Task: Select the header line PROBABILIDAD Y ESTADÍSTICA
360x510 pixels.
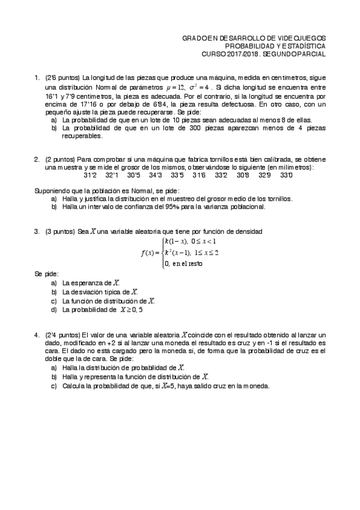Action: pyautogui.click(x=275, y=46)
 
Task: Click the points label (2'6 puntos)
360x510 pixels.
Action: pyautogui.click(x=63, y=78)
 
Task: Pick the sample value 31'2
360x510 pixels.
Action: pyautogui.click(x=90, y=175)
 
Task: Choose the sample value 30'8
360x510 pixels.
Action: pyautogui.click(x=243, y=175)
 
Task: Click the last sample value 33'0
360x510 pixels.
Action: pyautogui.click(x=285, y=175)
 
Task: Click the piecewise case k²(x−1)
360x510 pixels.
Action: pyautogui.click(x=177, y=252)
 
